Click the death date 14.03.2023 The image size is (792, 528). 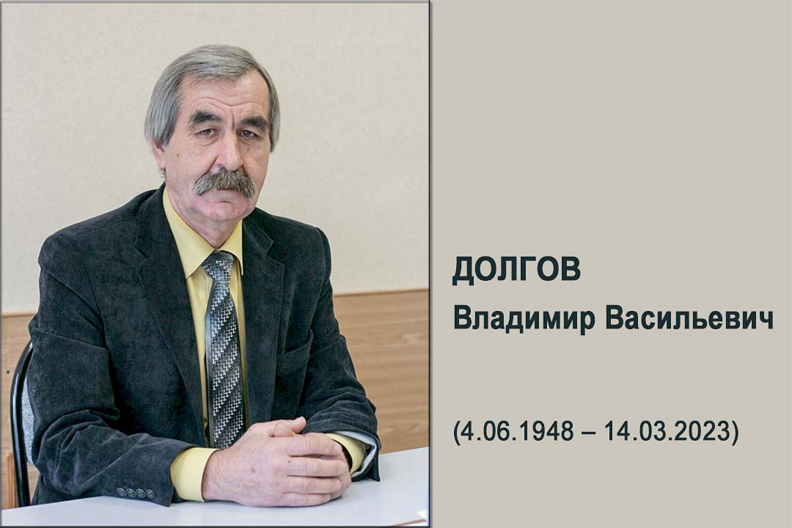click(668, 431)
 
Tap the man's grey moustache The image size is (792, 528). click(225, 182)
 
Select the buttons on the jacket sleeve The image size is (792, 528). click(136, 492)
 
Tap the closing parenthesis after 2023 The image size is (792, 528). click(736, 432)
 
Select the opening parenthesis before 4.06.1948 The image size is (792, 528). click(456, 432)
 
